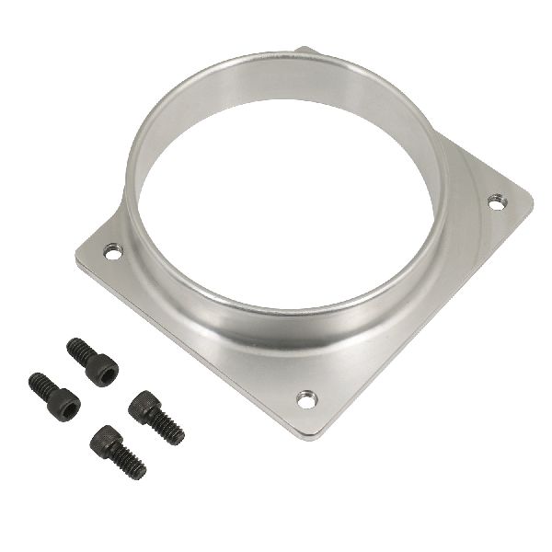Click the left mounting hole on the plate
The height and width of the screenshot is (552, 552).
click(113, 249)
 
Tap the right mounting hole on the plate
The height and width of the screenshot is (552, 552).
click(495, 201)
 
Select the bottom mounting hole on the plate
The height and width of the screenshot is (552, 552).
click(306, 398)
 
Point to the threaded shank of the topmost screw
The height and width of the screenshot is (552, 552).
click(77, 349)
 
